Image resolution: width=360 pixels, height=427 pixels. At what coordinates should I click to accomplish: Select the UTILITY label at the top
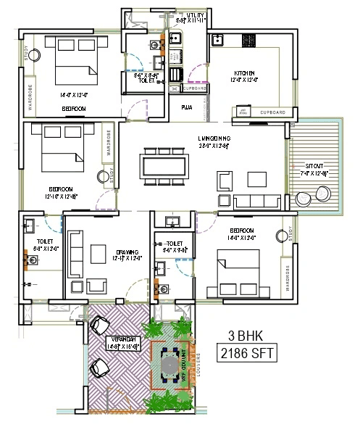tap(196, 14)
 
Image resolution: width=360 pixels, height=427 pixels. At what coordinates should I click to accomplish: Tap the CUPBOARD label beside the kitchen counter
tap(272, 113)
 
